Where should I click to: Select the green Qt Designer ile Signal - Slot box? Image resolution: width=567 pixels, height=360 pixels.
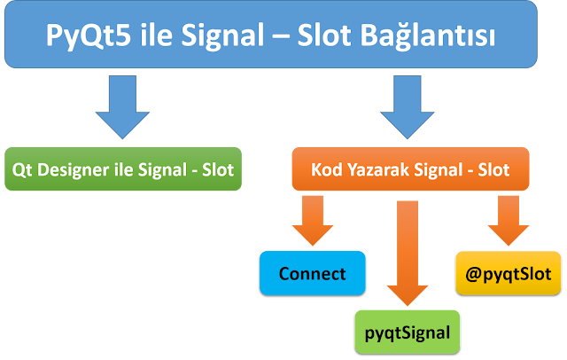coord(122,169)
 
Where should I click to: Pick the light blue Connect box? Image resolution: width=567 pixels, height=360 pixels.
coord(312,273)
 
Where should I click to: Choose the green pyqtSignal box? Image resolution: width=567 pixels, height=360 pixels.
coord(408,332)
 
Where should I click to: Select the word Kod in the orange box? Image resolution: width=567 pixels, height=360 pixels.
coord(330,169)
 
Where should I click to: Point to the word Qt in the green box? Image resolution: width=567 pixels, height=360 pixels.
coord(22,169)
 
